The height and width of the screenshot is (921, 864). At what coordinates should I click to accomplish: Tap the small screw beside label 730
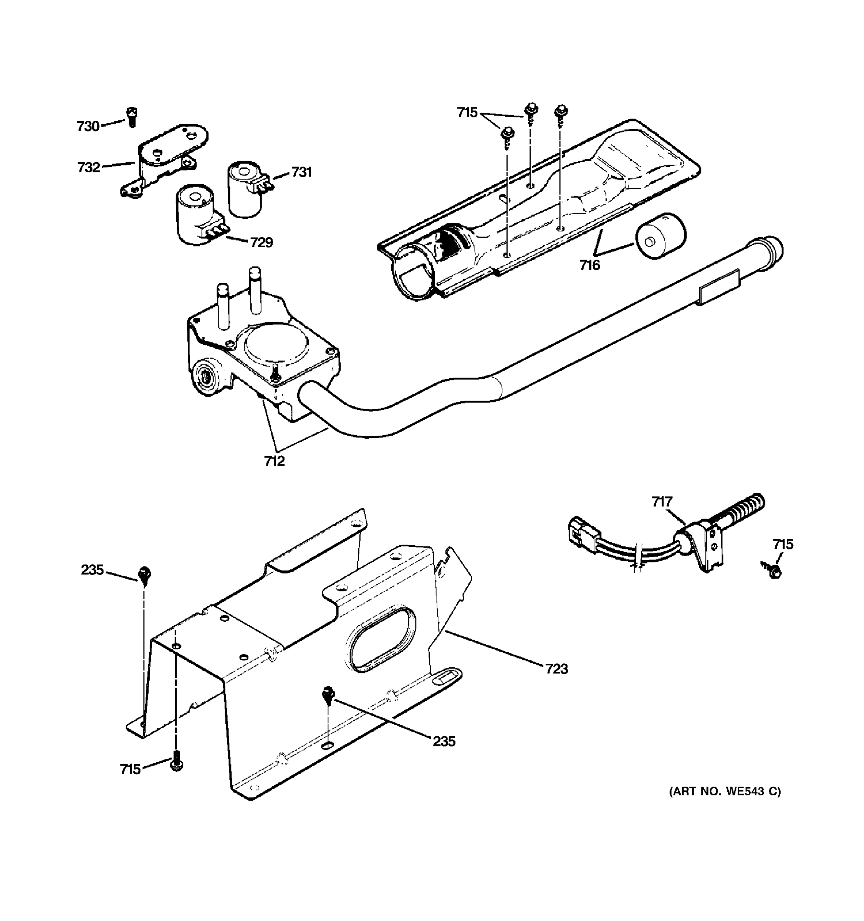pyautogui.click(x=132, y=117)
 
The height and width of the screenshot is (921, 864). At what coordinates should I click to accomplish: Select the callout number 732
pyautogui.click(x=89, y=167)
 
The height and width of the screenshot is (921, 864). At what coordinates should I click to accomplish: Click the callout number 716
pyautogui.click(x=589, y=265)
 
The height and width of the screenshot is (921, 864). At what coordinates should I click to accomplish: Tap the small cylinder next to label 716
pyautogui.click(x=660, y=236)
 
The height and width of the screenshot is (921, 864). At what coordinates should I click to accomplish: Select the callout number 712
pyautogui.click(x=275, y=461)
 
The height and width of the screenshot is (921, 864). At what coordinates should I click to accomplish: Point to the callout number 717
pyautogui.click(x=662, y=502)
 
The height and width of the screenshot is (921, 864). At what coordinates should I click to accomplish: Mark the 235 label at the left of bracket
pyautogui.click(x=92, y=570)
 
